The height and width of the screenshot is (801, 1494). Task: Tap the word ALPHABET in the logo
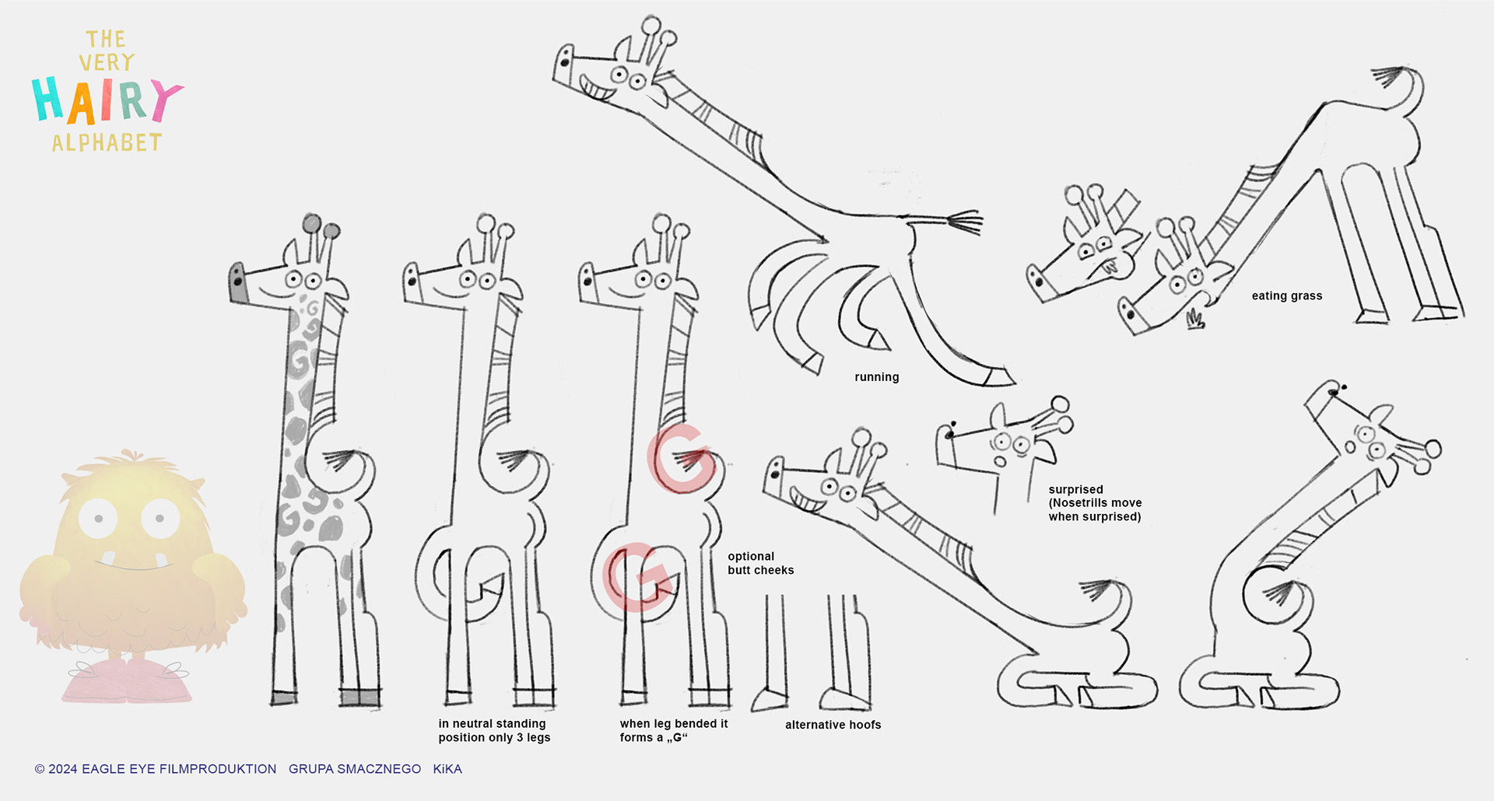[x=107, y=143]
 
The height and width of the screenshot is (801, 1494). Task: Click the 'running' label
[x=876, y=377]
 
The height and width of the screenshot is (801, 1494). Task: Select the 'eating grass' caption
[x=1286, y=296]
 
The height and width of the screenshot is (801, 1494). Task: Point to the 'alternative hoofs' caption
[x=833, y=725]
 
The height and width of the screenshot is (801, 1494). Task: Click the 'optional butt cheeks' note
[x=760, y=563]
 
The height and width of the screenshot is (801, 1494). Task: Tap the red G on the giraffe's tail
[x=682, y=459]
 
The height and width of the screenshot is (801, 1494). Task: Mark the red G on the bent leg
[x=637, y=577]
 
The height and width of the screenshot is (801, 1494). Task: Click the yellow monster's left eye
[x=98, y=518]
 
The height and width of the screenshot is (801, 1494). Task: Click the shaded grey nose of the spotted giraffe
[x=238, y=282]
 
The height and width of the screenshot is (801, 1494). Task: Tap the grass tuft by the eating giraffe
[x=1194, y=319]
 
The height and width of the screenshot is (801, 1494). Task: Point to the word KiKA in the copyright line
[x=447, y=769]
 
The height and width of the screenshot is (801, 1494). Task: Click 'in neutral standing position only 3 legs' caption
[x=494, y=730]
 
